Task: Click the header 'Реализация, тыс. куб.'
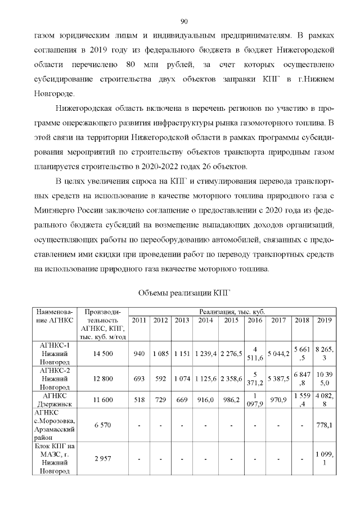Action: point(232,311)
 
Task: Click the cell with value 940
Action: point(139,354)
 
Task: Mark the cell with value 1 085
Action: point(161,354)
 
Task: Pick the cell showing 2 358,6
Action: point(232,380)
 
